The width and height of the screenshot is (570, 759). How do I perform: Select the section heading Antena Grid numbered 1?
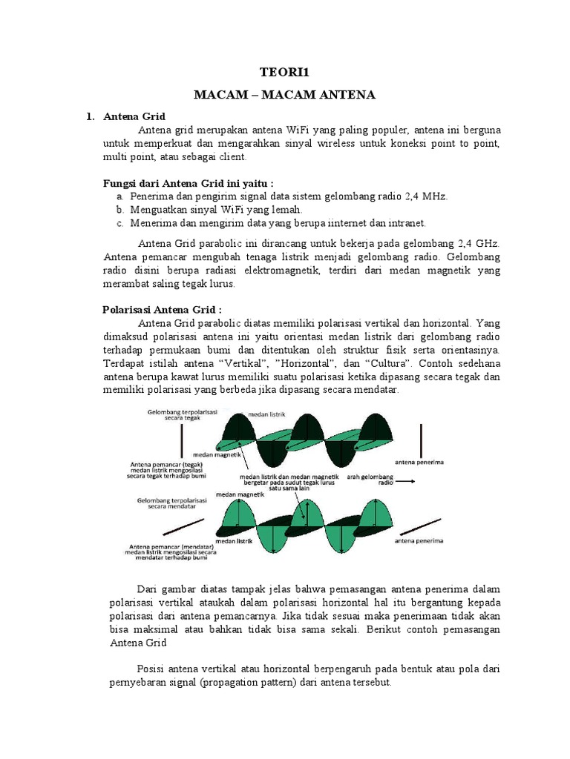click(134, 117)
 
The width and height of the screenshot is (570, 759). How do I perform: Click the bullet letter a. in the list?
click(120, 196)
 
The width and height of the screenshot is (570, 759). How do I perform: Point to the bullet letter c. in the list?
click(120, 222)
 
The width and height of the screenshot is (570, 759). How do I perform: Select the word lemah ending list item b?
click(286, 210)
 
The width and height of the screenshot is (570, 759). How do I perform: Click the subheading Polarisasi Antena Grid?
click(162, 310)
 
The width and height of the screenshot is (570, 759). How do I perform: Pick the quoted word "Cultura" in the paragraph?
click(387, 363)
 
